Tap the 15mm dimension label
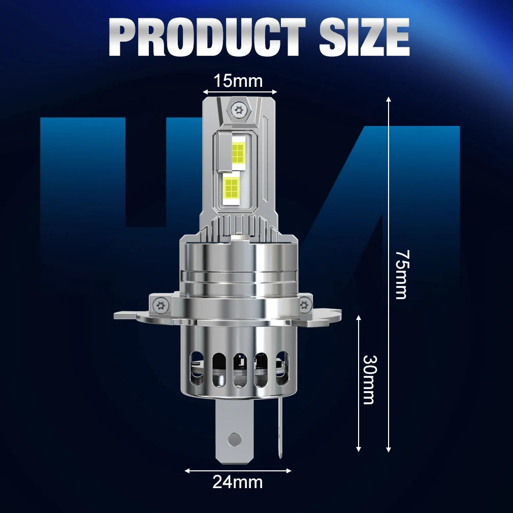(238, 80)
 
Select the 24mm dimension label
(238, 482)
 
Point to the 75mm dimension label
(401, 274)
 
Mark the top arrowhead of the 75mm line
(389, 99)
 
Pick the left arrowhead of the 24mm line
(187, 470)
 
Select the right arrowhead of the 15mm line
(275, 92)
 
